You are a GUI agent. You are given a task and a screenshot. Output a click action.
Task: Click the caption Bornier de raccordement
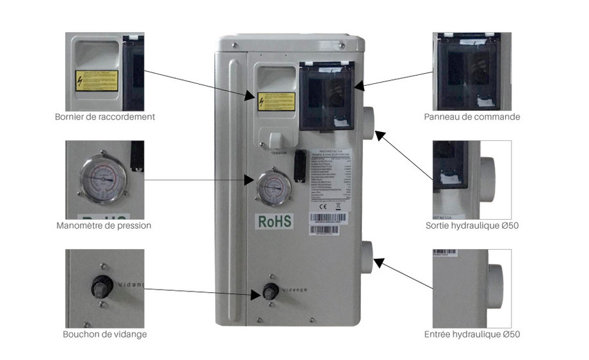pyautogui.click(x=104, y=117)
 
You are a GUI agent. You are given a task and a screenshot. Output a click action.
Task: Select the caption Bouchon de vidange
pyautogui.click(x=104, y=334)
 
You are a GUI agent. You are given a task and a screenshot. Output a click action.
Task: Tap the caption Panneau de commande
pyautogui.click(x=472, y=117)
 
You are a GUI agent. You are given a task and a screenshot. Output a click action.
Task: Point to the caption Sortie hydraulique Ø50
pyautogui.click(x=472, y=225)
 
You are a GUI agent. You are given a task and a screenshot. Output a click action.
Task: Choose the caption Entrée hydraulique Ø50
pyautogui.click(x=472, y=334)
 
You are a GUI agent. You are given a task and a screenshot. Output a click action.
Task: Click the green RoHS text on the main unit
pyautogui.click(x=275, y=220)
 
